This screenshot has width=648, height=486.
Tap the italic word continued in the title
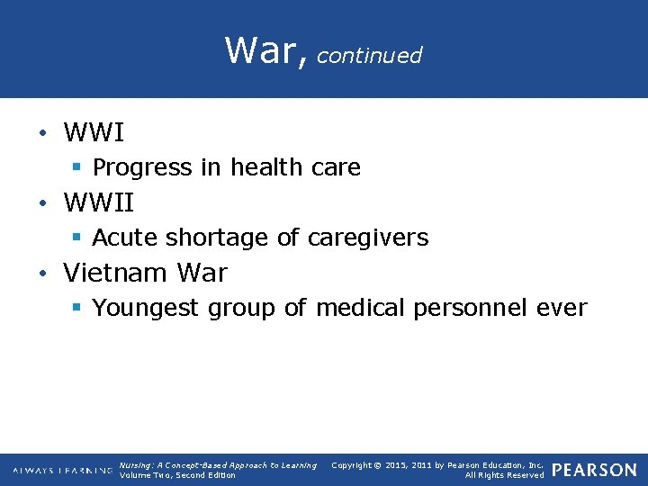click(x=369, y=56)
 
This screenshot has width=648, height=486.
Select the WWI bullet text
click(x=94, y=133)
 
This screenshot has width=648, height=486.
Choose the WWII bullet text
click(x=99, y=203)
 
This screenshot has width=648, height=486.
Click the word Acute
click(x=121, y=238)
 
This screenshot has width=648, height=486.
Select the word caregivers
click(x=368, y=238)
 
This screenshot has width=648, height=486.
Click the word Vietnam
click(x=117, y=273)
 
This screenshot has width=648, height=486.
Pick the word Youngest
click(x=147, y=309)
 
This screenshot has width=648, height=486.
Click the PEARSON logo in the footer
click(x=594, y=470)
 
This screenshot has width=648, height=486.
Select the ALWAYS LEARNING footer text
click(x=63, y=471)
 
